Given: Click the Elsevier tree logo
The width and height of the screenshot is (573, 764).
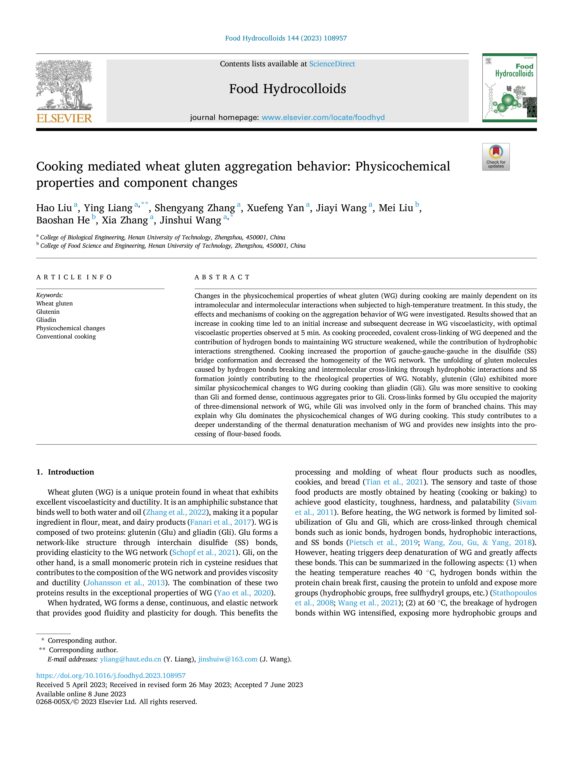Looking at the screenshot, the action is click(64, 85).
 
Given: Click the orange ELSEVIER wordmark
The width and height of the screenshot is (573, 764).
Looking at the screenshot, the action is click(64, 119).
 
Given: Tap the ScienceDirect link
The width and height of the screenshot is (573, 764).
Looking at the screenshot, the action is click(332, 64).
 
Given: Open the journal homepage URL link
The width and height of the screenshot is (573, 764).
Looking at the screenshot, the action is click(323, 117).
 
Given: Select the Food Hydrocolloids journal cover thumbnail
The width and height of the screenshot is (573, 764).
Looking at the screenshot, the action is click(509, 88).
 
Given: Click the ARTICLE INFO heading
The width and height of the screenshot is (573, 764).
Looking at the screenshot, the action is click(74, 277).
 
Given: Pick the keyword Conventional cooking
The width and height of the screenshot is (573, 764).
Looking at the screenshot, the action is click(66, 336).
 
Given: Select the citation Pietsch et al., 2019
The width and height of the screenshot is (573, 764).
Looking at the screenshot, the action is click(383, 543).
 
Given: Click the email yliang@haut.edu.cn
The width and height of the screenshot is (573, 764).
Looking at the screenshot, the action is click(131, 659).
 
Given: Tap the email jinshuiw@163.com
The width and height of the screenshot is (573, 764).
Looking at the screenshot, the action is click(228, 659).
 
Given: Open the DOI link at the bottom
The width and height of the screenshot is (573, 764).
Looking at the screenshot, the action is click(111, 676).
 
